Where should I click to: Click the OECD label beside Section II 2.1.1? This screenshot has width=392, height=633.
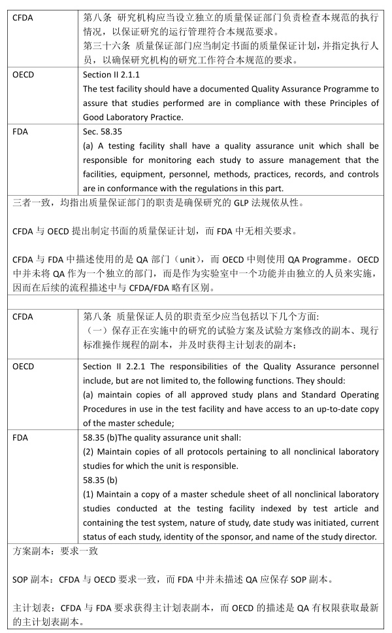click(24, 75)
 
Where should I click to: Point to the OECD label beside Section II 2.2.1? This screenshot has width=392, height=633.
click(24, 365)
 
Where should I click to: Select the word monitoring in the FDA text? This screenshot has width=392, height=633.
click(208, 160)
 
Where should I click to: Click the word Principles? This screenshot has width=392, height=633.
click(348, 103)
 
